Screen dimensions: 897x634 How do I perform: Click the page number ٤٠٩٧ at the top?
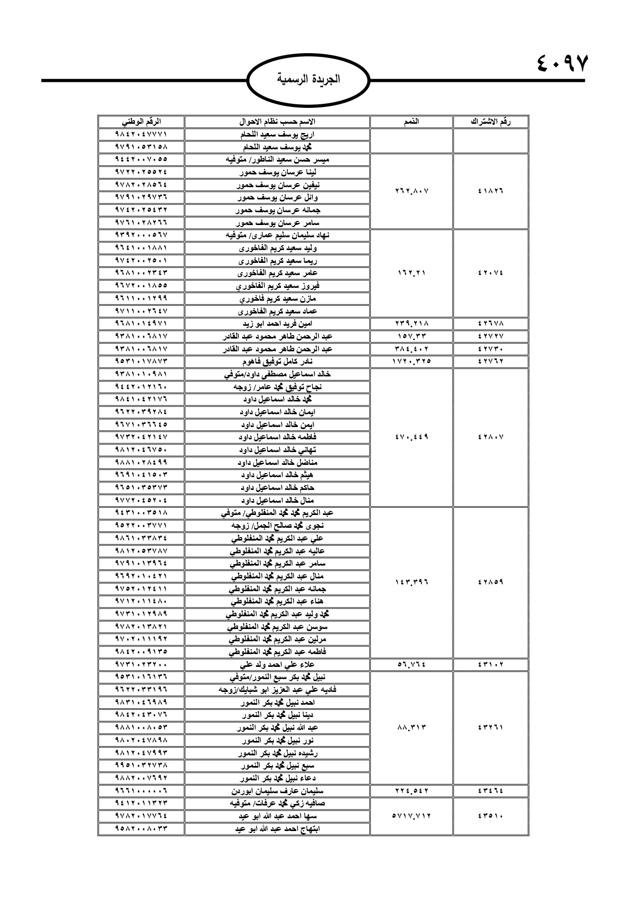(563, 63)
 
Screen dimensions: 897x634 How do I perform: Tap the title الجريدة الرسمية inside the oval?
(308, 80)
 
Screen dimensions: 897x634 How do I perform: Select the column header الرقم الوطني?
(142, 122)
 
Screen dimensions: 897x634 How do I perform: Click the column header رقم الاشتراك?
(490, 122)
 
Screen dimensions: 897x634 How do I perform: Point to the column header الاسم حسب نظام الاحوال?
(277, 122)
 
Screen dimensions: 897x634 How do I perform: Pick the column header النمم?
(411, 122)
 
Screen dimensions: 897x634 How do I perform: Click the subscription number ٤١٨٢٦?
(490, 191)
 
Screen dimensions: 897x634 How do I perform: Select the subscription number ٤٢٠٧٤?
(490, 273)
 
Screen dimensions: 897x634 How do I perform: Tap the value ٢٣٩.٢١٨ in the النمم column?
(411, 324)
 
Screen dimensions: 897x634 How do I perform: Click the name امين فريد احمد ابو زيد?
(277, 324)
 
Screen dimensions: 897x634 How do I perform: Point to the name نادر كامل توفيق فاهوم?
(277, 362)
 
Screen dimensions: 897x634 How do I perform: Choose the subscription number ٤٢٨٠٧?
(490, 437)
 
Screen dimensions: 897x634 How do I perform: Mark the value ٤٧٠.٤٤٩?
(411, 437)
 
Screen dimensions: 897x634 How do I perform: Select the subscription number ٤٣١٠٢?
(490, 665)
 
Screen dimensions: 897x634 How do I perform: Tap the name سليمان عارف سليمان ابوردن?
(277, 791)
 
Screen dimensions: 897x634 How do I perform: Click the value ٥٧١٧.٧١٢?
(411, 816)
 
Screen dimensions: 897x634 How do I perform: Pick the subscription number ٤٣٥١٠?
(490, 816)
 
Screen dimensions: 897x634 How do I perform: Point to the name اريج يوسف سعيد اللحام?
(277, 135)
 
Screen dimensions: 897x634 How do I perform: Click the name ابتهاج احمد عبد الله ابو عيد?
(277, 829)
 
